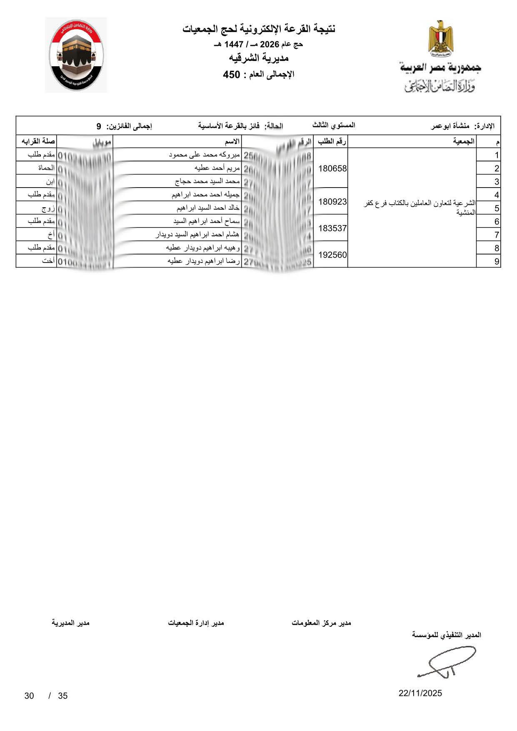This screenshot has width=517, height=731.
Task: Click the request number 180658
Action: click(332, 168)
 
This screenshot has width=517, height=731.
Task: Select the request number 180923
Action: click(332, 202)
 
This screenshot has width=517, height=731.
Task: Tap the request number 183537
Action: click(332, 228)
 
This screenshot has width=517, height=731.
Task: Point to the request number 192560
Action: click(332, 255)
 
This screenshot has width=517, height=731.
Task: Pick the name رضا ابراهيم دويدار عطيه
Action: click(204, 261)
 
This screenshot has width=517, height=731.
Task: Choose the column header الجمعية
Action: click(464, 141)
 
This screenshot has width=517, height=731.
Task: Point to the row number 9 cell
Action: click(496, 262)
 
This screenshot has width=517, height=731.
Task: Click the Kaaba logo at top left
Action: click(76, 55)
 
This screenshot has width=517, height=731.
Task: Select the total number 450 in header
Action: click(232, 75)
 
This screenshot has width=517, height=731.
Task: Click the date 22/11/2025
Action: click(420, 693)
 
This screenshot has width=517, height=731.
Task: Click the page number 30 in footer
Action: click(29, 696)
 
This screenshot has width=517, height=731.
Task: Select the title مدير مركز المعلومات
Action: click(321, 623)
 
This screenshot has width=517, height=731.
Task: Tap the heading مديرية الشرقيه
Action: click(259, 58)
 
